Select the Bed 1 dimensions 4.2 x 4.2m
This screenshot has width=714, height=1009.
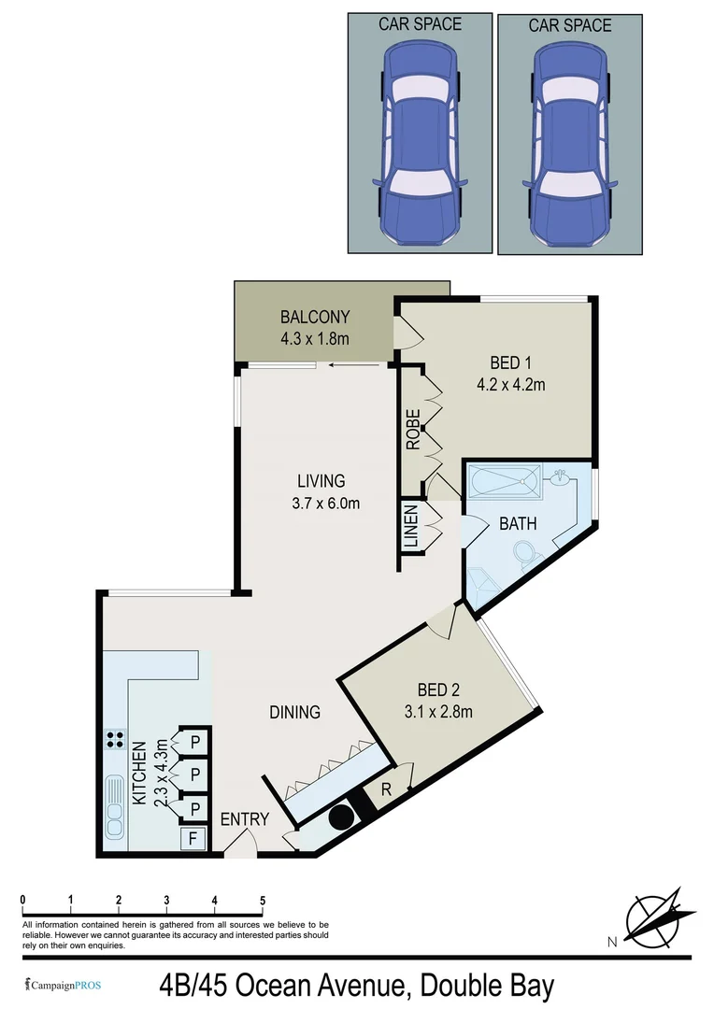517,384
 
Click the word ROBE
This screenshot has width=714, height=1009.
413,430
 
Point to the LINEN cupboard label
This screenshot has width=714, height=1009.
410,527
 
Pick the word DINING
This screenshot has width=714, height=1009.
295,712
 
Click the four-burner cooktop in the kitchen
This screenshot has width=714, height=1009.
117,740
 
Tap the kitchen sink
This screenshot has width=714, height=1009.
116,805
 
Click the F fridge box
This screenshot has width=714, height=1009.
193,838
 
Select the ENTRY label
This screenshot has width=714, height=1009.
245,819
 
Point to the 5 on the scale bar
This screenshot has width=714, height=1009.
263,901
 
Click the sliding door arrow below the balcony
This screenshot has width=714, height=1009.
349,366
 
